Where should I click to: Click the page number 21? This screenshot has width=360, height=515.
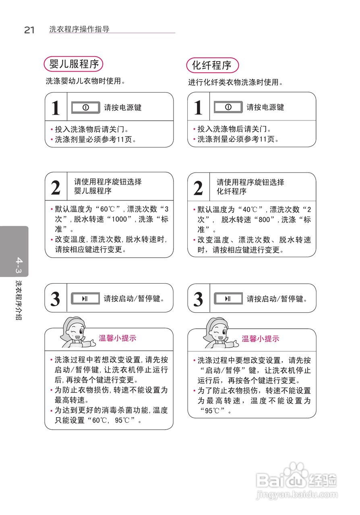pos(29,30)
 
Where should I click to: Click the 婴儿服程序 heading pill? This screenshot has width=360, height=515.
pos(74,64)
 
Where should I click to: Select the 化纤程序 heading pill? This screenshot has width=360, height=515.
pos(212,65)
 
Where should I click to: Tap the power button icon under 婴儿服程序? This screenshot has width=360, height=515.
pos(85,107)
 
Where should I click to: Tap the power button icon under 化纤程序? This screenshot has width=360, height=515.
pos(228,107)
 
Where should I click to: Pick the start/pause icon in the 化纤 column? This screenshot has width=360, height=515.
pos(228,299)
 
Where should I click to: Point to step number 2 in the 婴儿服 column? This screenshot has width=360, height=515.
pos(56,187)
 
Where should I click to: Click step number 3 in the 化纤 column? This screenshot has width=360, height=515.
pos(198,299)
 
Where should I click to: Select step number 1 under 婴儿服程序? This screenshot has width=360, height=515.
pos(56,108)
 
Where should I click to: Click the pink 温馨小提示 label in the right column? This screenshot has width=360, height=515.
pos(260,339)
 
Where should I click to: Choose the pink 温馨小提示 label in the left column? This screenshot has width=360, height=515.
pos(118,338)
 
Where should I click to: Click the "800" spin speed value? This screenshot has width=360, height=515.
pos(265,220)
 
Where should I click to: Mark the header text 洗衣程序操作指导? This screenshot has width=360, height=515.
pos(79,29)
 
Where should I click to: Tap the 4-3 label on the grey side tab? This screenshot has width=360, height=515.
pos(19,266)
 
